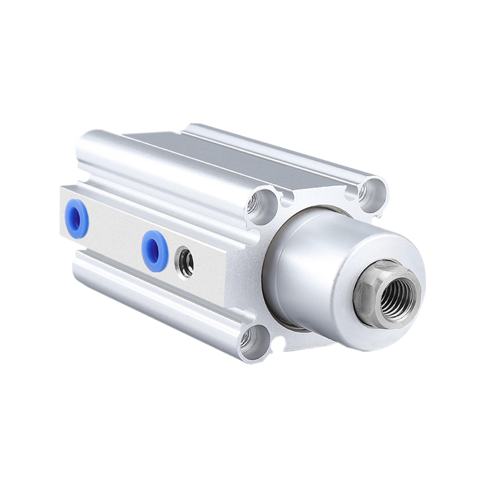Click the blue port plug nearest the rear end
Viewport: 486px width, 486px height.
[x=78, y=219]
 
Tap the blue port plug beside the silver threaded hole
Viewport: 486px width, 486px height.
[x=155, y=250]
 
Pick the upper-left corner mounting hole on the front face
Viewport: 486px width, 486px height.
[x=263, y=201]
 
